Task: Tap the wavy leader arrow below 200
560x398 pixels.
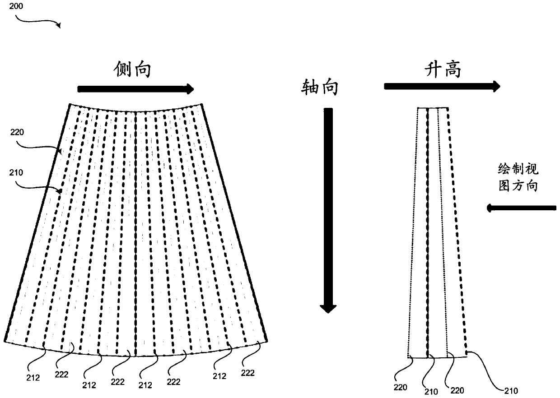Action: [x=39, y=20]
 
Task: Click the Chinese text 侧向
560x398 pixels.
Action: [x=132, y=70]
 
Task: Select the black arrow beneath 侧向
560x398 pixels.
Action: [x=135, y=89]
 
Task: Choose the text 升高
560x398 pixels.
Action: [x=443, y=70]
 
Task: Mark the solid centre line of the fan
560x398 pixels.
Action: [x=136, y=235]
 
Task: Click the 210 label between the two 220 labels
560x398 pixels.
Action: [x=431, y=391]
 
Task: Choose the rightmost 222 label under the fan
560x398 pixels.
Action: [x=247, y=373]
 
